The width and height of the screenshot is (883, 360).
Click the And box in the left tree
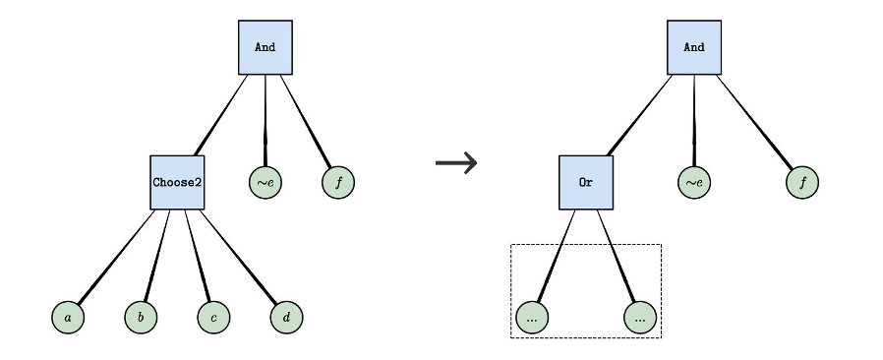265,47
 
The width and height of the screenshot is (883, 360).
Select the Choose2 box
177,182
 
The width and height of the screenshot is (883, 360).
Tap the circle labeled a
68,318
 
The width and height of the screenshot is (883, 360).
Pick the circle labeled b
141,318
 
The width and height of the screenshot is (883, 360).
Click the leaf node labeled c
213,318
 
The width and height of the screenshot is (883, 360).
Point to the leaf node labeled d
286,318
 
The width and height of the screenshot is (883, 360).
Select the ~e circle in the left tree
265,182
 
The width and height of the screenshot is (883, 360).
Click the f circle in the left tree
338,182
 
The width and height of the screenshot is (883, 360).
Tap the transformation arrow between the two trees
455,162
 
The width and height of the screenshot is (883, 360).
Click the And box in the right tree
694,47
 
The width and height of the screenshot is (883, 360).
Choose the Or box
586,182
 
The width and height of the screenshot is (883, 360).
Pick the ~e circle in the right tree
694,182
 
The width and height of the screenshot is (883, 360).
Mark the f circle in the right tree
802,182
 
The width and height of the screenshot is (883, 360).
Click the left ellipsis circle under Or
532,318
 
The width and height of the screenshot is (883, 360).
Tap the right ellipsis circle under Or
640,318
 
